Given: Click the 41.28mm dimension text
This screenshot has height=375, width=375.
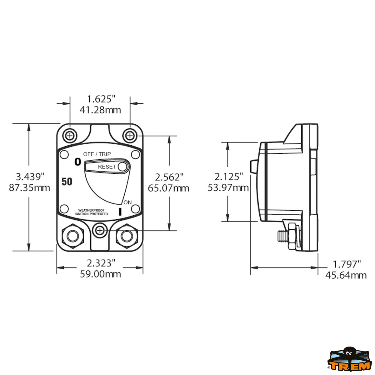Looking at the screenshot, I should click(100, 110).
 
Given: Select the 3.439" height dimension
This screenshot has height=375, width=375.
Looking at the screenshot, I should click(29, 177).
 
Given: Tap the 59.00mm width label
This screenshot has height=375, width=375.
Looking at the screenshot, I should click(100, 274).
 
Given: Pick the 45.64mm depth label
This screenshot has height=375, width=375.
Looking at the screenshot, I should click(346, 275).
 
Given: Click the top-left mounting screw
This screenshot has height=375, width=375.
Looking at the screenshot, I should click(70, 136).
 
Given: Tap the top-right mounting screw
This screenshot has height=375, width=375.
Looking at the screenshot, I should click(130, 136).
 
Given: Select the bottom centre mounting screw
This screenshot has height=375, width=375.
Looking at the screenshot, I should click(100, 231).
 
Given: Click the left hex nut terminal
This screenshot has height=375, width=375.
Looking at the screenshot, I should click(73, 236).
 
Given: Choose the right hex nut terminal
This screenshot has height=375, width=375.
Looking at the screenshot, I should click(127, 236).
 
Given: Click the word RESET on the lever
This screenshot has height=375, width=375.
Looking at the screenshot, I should click(107, 167).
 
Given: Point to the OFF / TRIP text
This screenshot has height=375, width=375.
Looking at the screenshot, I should click(97, 154).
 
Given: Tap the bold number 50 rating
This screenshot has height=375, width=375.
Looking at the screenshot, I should click(67, 182).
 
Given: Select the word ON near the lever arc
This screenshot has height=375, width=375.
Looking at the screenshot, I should click(127, 202).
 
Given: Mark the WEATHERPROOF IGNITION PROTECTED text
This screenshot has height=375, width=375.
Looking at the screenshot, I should click(91, 212).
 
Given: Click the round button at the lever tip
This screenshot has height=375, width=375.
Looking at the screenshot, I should click(123, 167).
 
